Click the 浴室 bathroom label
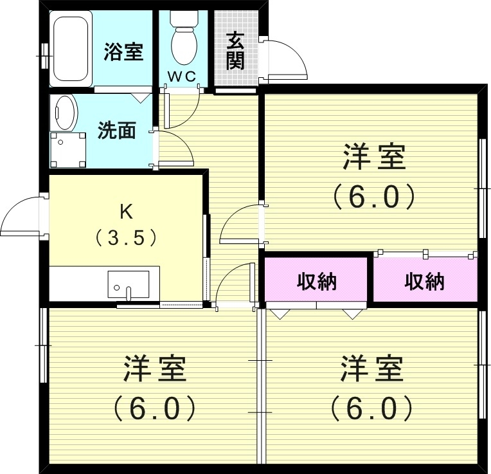123,52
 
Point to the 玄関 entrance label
235,51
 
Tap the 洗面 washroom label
116,131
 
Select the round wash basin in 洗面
64,113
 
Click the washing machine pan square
68,149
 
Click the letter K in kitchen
126,211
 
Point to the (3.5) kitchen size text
126,239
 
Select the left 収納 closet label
317,281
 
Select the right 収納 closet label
424,281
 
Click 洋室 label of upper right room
374,158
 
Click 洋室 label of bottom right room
371,369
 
